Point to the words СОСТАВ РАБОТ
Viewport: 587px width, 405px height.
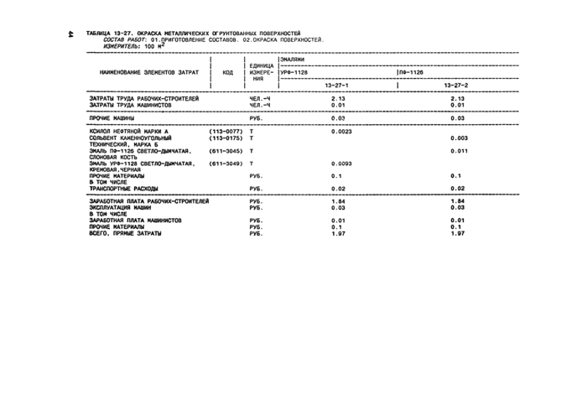click(x=123, y=39)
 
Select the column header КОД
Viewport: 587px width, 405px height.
click(x=227, y=72)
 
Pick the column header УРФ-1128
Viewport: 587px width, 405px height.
click(x=294, y=73)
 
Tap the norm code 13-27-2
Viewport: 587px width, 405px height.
click(x=456, y=86)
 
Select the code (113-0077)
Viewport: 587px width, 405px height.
click(x=226, y=132)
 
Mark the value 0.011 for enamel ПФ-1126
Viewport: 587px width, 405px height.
click(x=458, y=151)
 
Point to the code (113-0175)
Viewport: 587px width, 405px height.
click(x=226, y=138)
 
